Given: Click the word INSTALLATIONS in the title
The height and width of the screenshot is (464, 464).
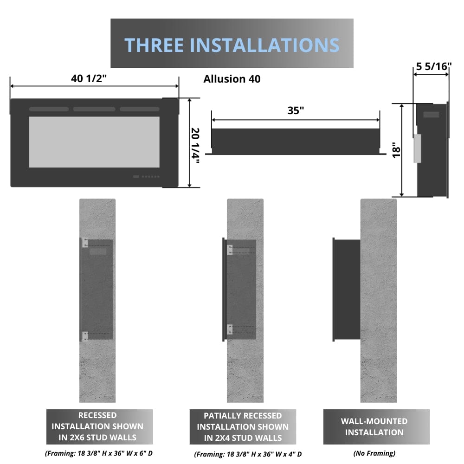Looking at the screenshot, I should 265,45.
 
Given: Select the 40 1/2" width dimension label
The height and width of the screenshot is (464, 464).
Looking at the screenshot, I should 89,78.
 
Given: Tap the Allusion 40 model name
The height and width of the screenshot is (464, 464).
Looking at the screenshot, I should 232,79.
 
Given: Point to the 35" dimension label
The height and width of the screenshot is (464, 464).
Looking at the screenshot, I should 296,110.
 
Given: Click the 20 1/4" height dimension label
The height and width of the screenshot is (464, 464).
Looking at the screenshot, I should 195,143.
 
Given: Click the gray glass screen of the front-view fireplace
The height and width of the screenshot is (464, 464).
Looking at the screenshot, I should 94,142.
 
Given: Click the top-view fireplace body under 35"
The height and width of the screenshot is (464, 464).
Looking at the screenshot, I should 295,141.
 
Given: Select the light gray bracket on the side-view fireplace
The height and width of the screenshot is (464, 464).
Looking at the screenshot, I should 417,148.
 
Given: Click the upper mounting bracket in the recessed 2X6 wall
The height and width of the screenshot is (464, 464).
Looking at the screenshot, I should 85,243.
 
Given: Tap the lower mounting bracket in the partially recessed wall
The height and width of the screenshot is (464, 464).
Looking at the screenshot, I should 230,329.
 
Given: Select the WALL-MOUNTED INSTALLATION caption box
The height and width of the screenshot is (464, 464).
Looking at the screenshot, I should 374,427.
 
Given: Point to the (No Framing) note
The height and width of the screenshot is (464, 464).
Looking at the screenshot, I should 374,453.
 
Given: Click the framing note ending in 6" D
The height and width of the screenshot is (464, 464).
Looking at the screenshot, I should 98,453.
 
